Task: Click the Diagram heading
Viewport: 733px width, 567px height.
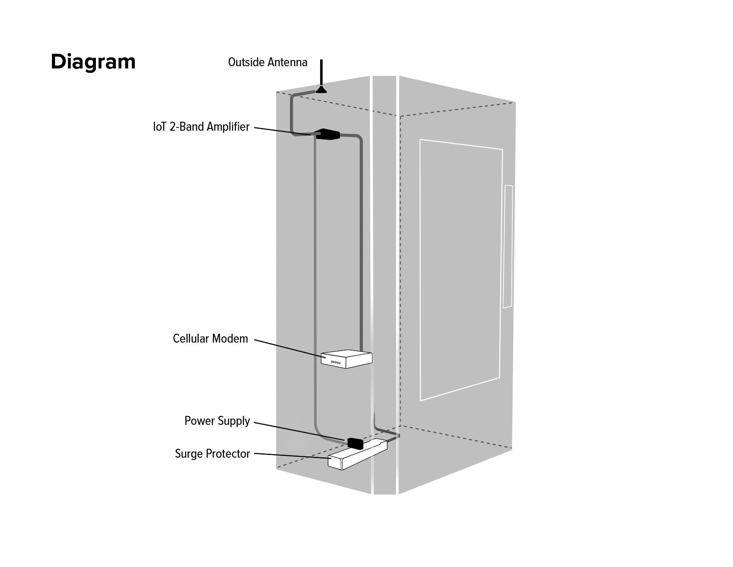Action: point(93,61)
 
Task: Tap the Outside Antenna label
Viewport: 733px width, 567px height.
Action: point(267,62)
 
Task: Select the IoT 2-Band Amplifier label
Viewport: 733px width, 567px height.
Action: point(201,127)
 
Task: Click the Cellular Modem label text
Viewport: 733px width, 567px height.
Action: point(210,339)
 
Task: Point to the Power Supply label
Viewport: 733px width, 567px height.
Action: point(217,421)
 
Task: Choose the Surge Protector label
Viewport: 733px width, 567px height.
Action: point(212,454)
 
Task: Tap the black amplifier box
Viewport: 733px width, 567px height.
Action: point(327,134)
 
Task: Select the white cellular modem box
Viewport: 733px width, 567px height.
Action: point(347,359)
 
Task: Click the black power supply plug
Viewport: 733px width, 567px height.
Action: point(355,443)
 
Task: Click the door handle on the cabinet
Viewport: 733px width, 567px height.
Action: point(508,247)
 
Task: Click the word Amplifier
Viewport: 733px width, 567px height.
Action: point(228,127)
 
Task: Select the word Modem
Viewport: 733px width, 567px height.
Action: point(233,339)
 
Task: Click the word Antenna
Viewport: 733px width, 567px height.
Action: point(288,62)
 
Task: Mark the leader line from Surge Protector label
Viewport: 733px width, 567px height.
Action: point(291,455)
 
